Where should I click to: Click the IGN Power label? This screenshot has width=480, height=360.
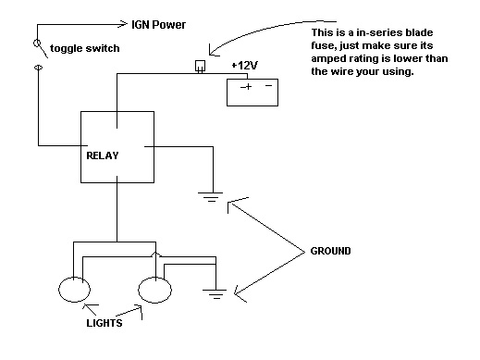pyautogui.click(x=158, y=25)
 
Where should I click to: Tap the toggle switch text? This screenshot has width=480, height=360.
pyautogui.click(x=85, y=48)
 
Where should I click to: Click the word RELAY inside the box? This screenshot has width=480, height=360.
pyautogui.click(x=103, y=155)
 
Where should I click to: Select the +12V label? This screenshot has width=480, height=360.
pyautogui.click(x=244, y=66)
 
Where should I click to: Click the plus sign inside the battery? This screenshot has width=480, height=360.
pyautogui.click(x=247, y=87)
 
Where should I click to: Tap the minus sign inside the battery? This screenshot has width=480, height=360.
pyautogui.click(x=268, y=85)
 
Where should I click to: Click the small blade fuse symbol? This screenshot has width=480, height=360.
pyautogui.click(x=200, y=67)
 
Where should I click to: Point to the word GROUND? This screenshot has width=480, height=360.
pyautogui.click(x=330, y=251)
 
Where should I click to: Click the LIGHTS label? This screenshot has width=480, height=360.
pyautogui.click(x=105, y=323)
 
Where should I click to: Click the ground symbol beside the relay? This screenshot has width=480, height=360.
pyautogui.click(x=211, y=197)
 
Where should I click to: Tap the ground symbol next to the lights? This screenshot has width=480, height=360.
pyautogui.click(x=215, y=294)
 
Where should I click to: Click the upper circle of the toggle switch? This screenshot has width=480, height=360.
pyautogui.click(x=37, y=43)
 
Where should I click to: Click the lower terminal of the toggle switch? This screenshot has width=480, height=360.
pyautogui.click(x=38, y=68)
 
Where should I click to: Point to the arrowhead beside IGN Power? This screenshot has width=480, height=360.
pyautogui.click(x=123, y=24)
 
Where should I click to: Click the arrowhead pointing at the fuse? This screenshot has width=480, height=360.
pyautogui.click(x=213, y=51)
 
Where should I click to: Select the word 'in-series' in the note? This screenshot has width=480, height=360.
pyautogui.click(x=380, y=32)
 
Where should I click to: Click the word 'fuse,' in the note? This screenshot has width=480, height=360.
pyautogui.click(x=324, y=45)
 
